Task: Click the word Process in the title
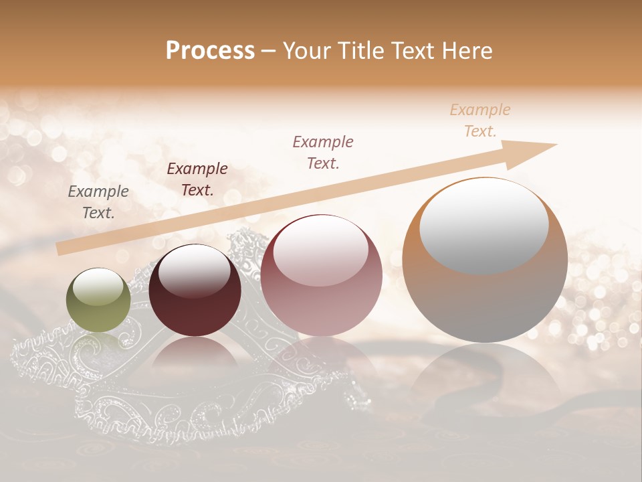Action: pos(210,51)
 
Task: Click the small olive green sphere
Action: pos(98,300)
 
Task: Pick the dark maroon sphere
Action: pos(195,290)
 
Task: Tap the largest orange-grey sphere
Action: pos(485,260)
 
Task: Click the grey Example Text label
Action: pos(98,202)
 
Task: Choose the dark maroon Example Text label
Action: pos(197,179)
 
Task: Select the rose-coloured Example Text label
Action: pos(323,152)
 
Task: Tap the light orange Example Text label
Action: pos(480,120)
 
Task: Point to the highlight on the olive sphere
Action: pos(98,287)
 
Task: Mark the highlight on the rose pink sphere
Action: pos(320,251)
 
